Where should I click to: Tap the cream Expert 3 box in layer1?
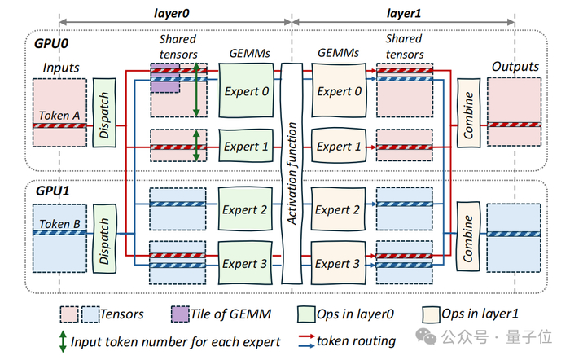pos(339,263)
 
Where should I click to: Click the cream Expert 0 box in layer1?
pos(339,91)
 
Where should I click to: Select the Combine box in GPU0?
pos(468,112)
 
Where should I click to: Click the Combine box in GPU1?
pos(468,235)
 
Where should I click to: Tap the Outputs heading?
pos(515,66)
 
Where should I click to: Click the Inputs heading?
pos(61,68)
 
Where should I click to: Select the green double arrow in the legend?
pos(61,342)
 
